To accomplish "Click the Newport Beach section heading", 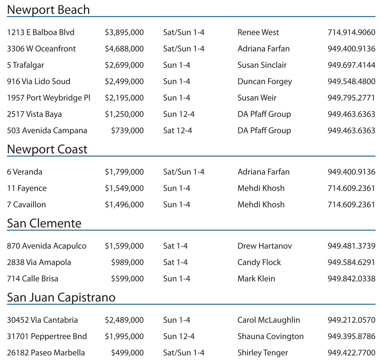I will click(48, 10).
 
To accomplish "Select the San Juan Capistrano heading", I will click(61, 298).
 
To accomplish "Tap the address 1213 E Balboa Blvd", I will click(41, 32).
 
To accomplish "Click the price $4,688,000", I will click(124, 49).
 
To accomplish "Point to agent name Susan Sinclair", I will click(262, 65).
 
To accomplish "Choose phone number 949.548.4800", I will click(351, 82).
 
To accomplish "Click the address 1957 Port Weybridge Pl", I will click(49, 98).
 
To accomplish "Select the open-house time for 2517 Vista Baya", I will click(178, 114).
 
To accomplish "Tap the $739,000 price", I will click(127, 131).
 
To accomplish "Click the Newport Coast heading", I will click(47, 150).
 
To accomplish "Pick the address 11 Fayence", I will click(26, 188).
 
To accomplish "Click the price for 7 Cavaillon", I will click(124, 205).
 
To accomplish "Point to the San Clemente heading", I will click(44, 223).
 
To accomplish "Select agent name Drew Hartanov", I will click(265, 246).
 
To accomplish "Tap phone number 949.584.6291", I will click(351, 263).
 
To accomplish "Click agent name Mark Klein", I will click(256, 279).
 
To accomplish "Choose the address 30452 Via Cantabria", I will click(42, 320).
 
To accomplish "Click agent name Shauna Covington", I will click(270, 337).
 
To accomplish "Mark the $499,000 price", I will click(127, 353).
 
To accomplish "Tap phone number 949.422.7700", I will click(351, 353).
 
